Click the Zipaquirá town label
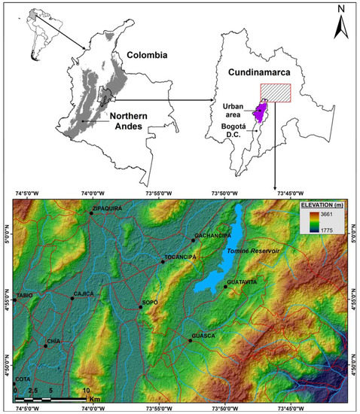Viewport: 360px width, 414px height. [107, 207]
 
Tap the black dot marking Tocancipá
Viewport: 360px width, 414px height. [162, 262]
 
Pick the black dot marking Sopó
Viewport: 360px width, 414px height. [140, 307]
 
